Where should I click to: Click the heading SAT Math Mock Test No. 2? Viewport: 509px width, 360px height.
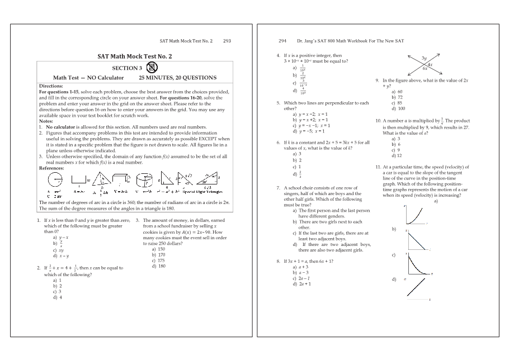pyautogui.click(x=135, y=56)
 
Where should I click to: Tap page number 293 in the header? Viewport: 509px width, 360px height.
pyautogui.click(x=227, y=41)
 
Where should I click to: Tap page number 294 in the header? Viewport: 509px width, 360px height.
pyautogui.click(x=282, y=41)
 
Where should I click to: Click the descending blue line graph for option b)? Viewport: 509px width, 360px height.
pyautogui.click(x=415, y=236)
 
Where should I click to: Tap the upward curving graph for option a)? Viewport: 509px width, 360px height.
pyautogui.click(x=414, y=215)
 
